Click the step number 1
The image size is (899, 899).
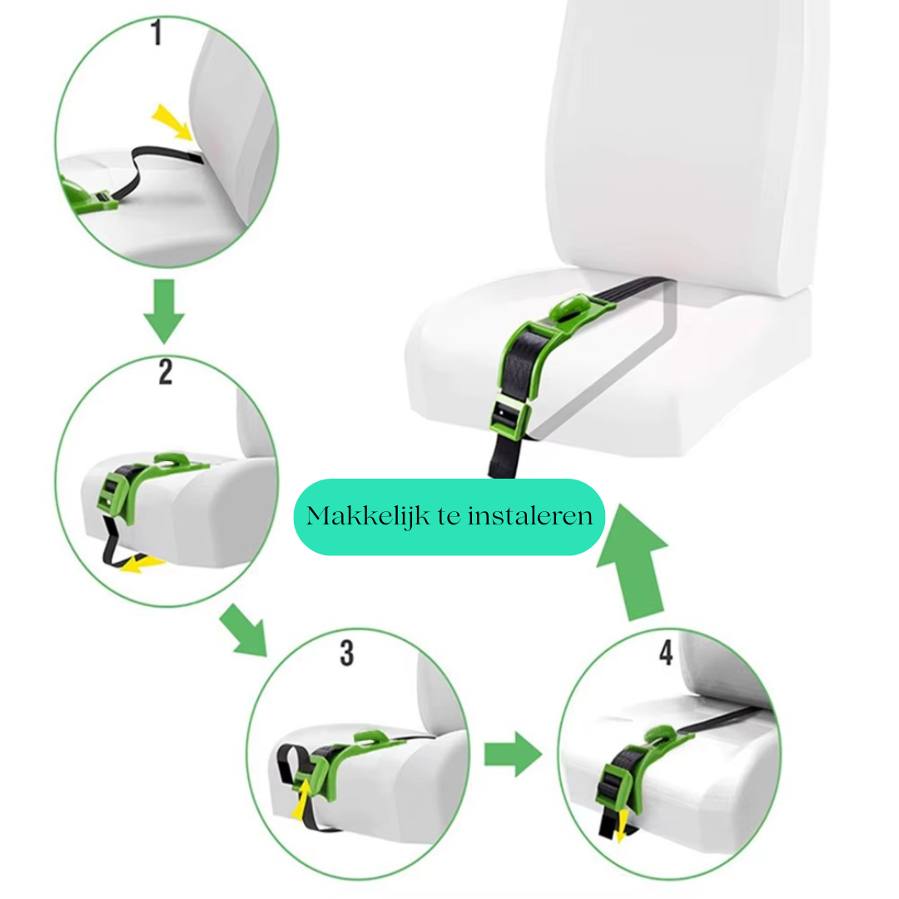(x=156, y=32)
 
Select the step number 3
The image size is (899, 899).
(x=347, y=653)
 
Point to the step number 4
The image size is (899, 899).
(x=666, y=653)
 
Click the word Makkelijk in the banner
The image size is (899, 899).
(x=368, y=516)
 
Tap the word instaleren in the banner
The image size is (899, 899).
(x=530, y=516)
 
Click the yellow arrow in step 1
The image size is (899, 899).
(x=171, y=122)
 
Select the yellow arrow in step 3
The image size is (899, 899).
(x=301, y=798)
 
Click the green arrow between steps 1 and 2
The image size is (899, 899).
(x=165, y=311)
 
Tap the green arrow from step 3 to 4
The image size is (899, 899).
(x=513, y=754)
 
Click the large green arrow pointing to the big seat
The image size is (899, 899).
(x=633, y=563)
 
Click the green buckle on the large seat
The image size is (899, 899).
(x=509, y=415)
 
